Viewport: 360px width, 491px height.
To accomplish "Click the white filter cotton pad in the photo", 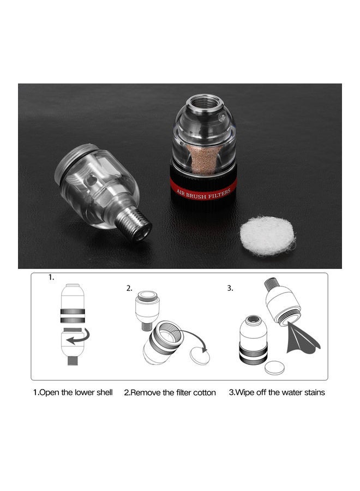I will click(x=267, y=236).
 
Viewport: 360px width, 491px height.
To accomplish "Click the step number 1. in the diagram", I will click(x=51, y=277).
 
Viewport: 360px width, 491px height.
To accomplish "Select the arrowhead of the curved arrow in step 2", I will click(x=205, y=353).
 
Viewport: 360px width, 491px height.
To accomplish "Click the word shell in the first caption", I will click(x=102, y=392).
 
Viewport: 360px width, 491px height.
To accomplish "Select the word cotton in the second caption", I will click(x=203, y=392).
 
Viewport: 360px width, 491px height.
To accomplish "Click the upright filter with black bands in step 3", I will click(x=254, y=342).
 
